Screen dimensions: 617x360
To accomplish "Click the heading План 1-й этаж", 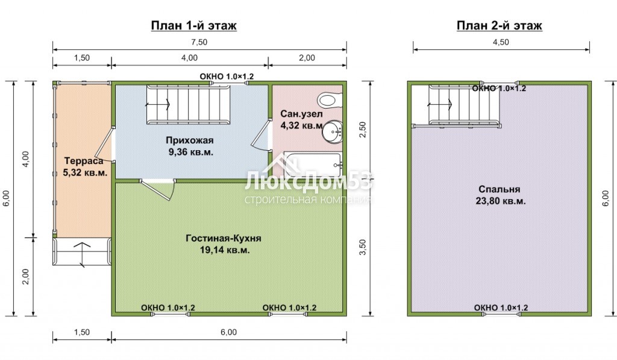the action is pyautogui.click(x=193, y=25).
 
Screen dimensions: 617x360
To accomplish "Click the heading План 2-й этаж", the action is pyautogui.click(x=500, y=25).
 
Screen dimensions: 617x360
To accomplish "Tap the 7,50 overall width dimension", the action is pyautogui.click(x=199, y=42).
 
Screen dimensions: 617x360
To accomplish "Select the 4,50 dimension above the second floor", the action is pyautogui.click(x=501, y=42).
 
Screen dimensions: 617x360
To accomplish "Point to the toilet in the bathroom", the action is pyautogui.click(x=330, y=99).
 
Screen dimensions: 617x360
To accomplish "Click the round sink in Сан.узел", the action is pyautogui.click(x=332, y=131).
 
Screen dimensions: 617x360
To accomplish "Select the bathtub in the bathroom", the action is pyautogui.click(x=312, y=164).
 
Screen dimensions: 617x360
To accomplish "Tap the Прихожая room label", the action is pyautogui.click(x=190, y=141).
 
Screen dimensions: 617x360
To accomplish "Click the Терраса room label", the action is pyautogui.click(x=84, y=160).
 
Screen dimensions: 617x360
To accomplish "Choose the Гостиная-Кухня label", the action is pyautogui.click(x=224, y=238).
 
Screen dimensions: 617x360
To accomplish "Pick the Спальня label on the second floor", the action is pyautogui.click(x=500, y=189).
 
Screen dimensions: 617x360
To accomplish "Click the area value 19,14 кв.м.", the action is pyautogui.click(x=225, y=250).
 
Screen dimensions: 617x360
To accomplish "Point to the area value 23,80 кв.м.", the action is pyautogui.click(x=501, y=201).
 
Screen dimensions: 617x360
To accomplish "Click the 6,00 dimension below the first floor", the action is pyautogui.click(x=228, y=332).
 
